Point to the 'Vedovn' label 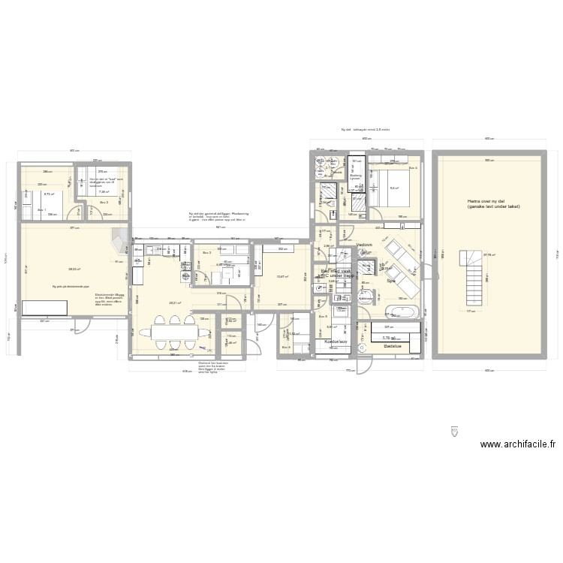pyautogui.click(x=365, y=245)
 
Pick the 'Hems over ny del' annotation pyautogui.click(x=493, y=203)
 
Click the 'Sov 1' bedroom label pyautogui.click(x=41, y=210)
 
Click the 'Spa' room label pyautogui.click(x=390, y=281)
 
